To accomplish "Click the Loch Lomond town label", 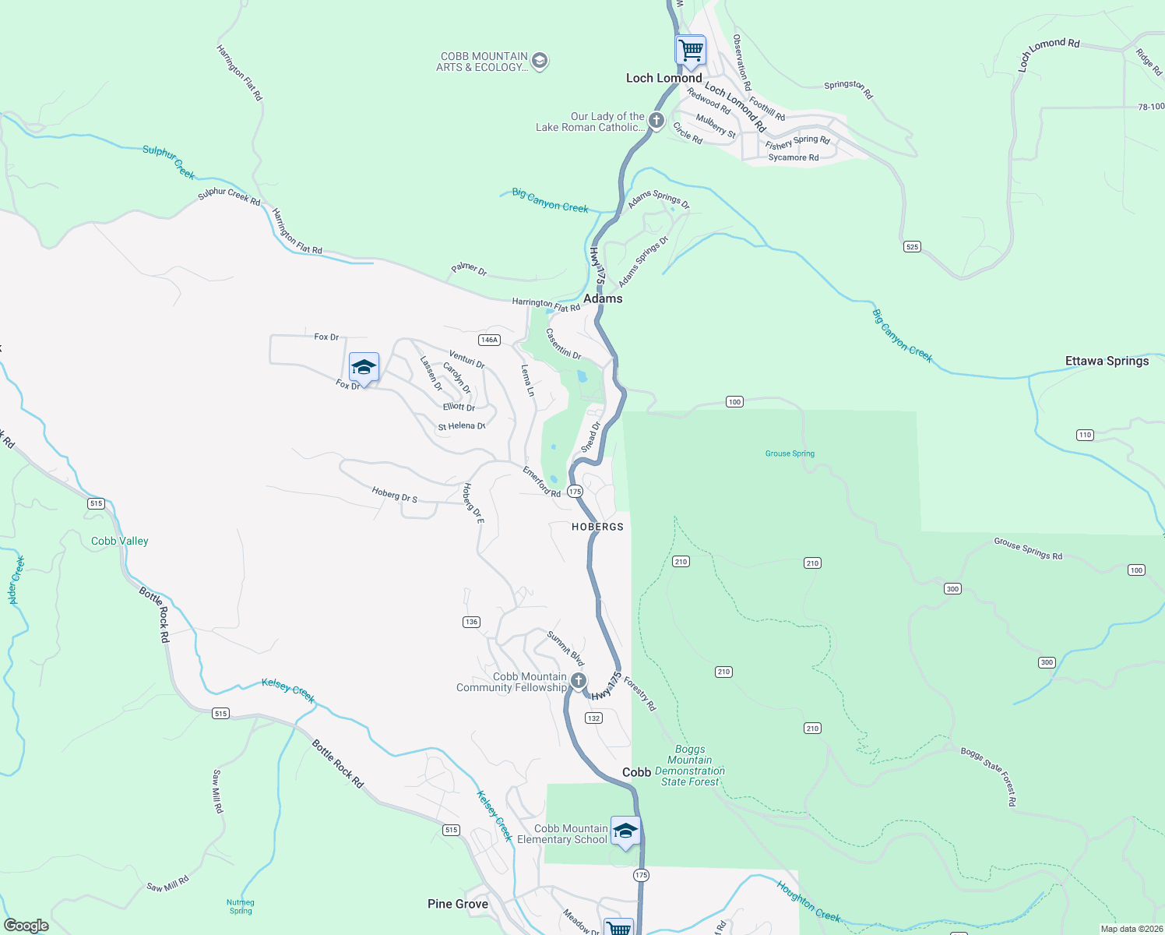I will coord(663,78).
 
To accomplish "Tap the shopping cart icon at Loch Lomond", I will coord(691,51).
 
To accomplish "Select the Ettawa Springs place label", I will coord(1107,361).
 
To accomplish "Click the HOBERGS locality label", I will coord(597,527).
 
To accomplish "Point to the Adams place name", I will coord(603,298).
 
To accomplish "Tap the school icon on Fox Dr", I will coord(364,367).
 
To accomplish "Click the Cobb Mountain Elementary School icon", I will coord(625,831).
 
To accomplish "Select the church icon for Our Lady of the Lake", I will coord(656,120).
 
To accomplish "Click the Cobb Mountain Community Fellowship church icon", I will coord(579,680).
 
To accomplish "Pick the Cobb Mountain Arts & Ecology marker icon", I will coord(540,61).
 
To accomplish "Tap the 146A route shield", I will coord(489,340).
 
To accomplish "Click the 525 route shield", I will coord(913,247).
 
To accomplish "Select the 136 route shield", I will coord(471,622).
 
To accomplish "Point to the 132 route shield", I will coord(594,718).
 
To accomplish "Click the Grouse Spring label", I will coord(790,453).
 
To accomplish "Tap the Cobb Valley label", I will coord(119,541).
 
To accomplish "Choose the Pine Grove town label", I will coord(458,904).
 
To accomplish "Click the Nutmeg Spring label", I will coord(241,906).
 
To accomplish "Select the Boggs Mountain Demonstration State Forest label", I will coord(690,765).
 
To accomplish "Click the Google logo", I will coord(26,925).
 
